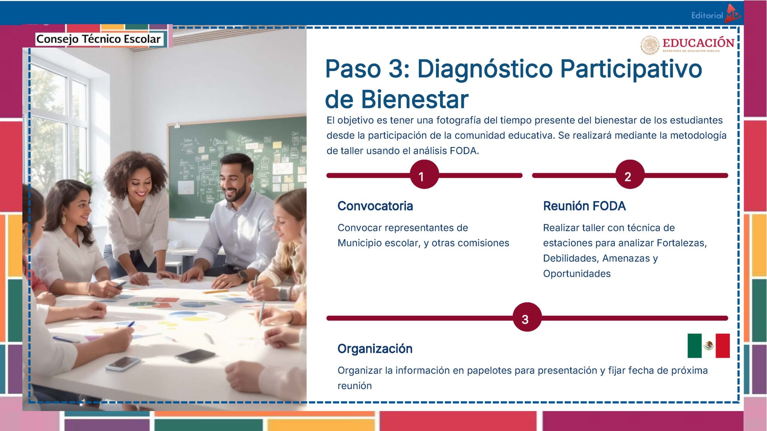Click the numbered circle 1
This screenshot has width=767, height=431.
pyautogui.click(x=424, y=175)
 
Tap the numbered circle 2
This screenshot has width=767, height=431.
pyautogui.click(x=630, y=175)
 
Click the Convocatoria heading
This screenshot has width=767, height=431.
pyautogui.click(x=375, y=206)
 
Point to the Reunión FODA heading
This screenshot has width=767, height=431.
pyautogui.click(x=584, y=206)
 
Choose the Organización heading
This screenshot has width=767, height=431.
pyautogui.click(x=375, y=349)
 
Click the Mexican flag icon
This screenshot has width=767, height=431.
pyautogui.click(x=708, y=346)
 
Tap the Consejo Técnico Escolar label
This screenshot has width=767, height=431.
pyautogui.click(x=98, y=39)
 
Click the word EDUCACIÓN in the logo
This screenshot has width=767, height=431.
pyautogui.click(x=698, y=43)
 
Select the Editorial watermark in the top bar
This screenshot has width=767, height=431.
pyautogui.click(x=707, y=15)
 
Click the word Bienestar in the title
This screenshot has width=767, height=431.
pyautogui.click(x=415, y=100)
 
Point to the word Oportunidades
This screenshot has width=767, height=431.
pyautogui.click(x=577, y=273)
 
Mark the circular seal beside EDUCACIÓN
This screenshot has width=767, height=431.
pyautogui.click(x=650, y=45)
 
